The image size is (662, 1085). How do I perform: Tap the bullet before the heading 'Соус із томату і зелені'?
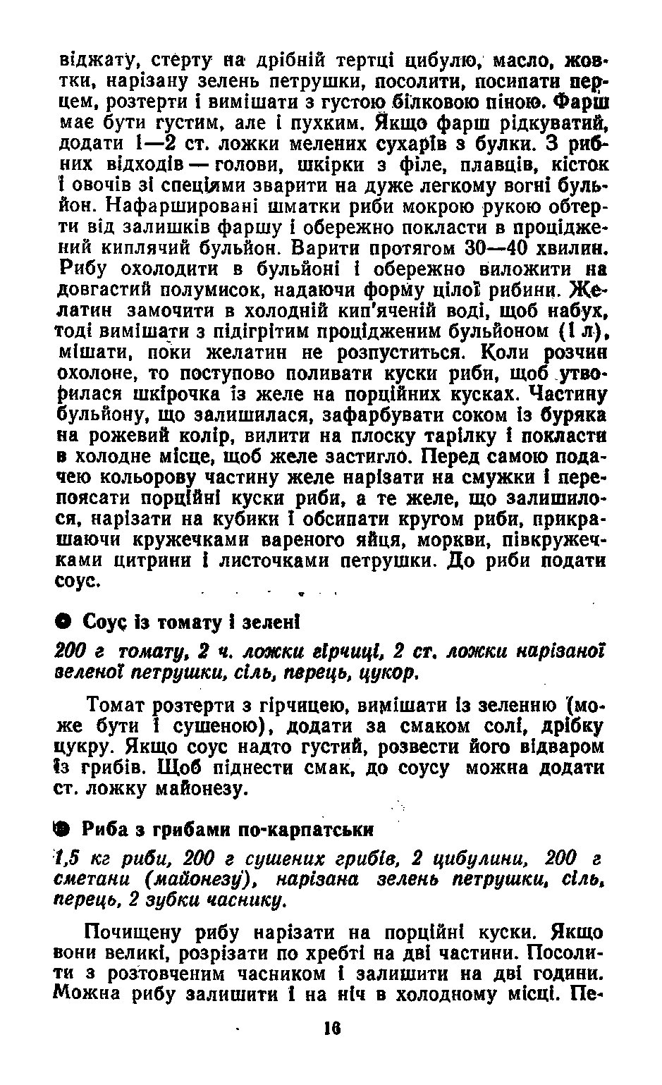click(x=63, y=623)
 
